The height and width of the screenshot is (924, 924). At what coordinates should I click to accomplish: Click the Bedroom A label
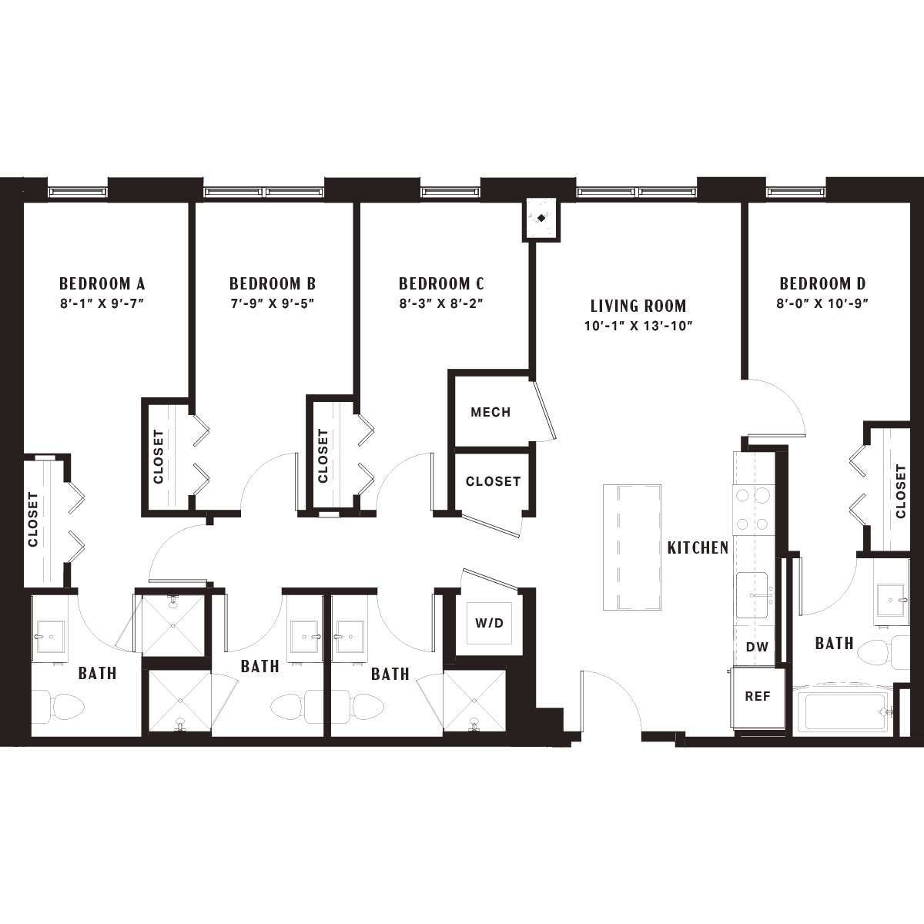point(102,283)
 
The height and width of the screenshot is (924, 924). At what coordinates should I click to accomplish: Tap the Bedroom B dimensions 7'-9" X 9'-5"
point(273,303)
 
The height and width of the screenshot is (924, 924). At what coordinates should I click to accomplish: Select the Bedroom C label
point(441,283)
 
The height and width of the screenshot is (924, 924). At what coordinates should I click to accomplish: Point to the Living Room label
point(638,306)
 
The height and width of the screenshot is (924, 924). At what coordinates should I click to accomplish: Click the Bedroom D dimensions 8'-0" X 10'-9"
point(822,303)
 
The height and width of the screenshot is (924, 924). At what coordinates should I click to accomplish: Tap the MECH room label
point(490,412)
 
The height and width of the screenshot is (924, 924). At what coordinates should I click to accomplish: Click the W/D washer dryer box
point(489,623)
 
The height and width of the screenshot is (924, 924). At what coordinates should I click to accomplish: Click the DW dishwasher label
point(757,647)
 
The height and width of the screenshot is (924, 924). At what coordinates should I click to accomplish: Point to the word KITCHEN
point(698,547)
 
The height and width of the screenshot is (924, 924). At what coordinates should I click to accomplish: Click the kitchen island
point(632,547)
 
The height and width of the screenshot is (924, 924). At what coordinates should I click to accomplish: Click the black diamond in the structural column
point(541,218)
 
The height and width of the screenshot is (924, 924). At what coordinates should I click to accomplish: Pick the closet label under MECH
point(493,481)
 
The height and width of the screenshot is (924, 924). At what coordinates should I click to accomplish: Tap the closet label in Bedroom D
point(900,491)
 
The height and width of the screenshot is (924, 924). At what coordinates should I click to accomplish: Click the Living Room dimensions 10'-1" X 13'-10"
point(638,326)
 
